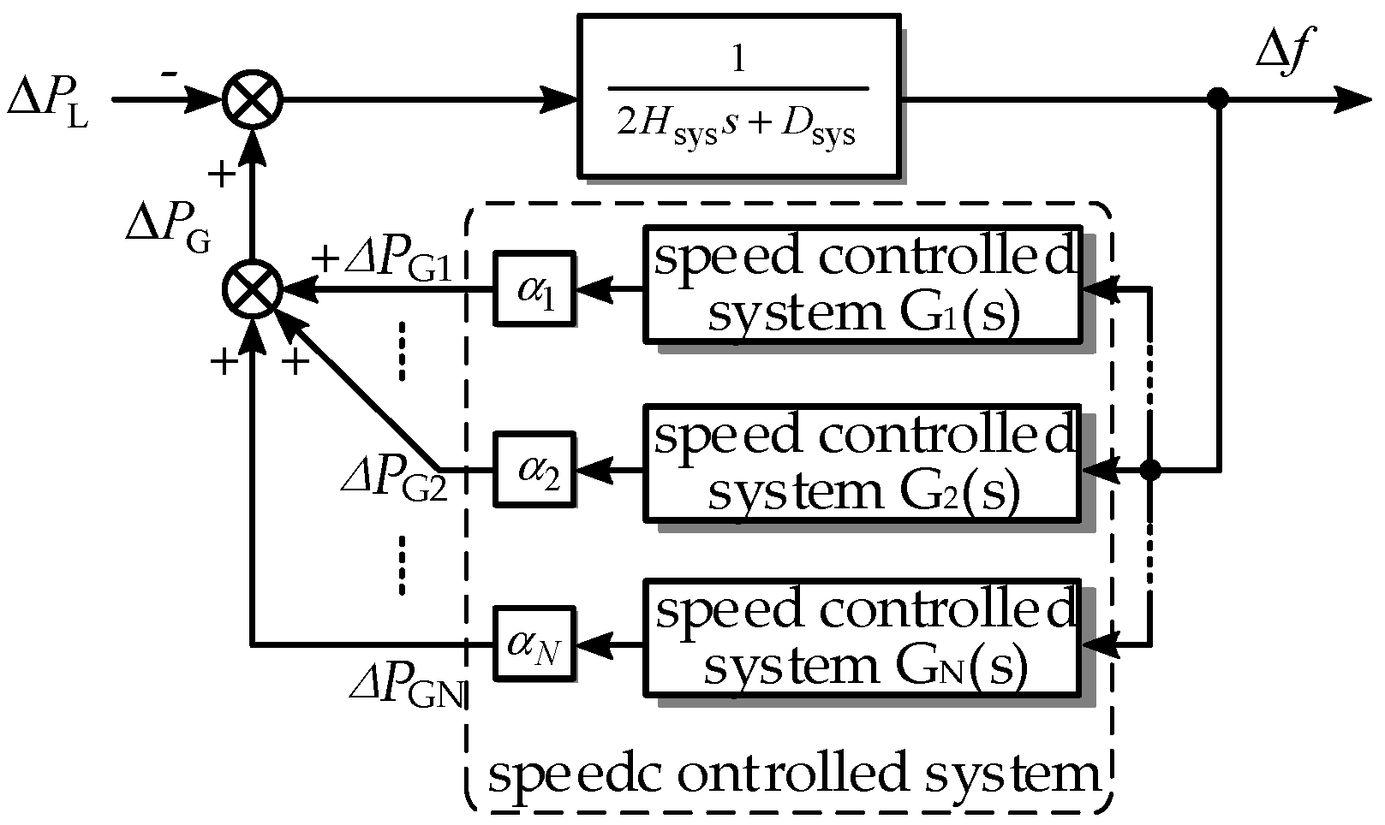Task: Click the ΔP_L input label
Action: point(47,100)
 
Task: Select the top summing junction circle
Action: point(253,100)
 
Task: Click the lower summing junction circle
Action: point(253,290)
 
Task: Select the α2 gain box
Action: point(534,470)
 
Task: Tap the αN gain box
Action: point(534,644)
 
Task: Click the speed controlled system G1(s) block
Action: point(861,285)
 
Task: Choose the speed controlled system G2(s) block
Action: point(861,464)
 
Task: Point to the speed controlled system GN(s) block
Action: point(861,638)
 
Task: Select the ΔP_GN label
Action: point(406,686)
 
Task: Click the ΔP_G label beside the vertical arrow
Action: point(168,226)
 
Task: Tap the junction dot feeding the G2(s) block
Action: point(1150,470)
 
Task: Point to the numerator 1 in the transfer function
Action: point(737,61)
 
